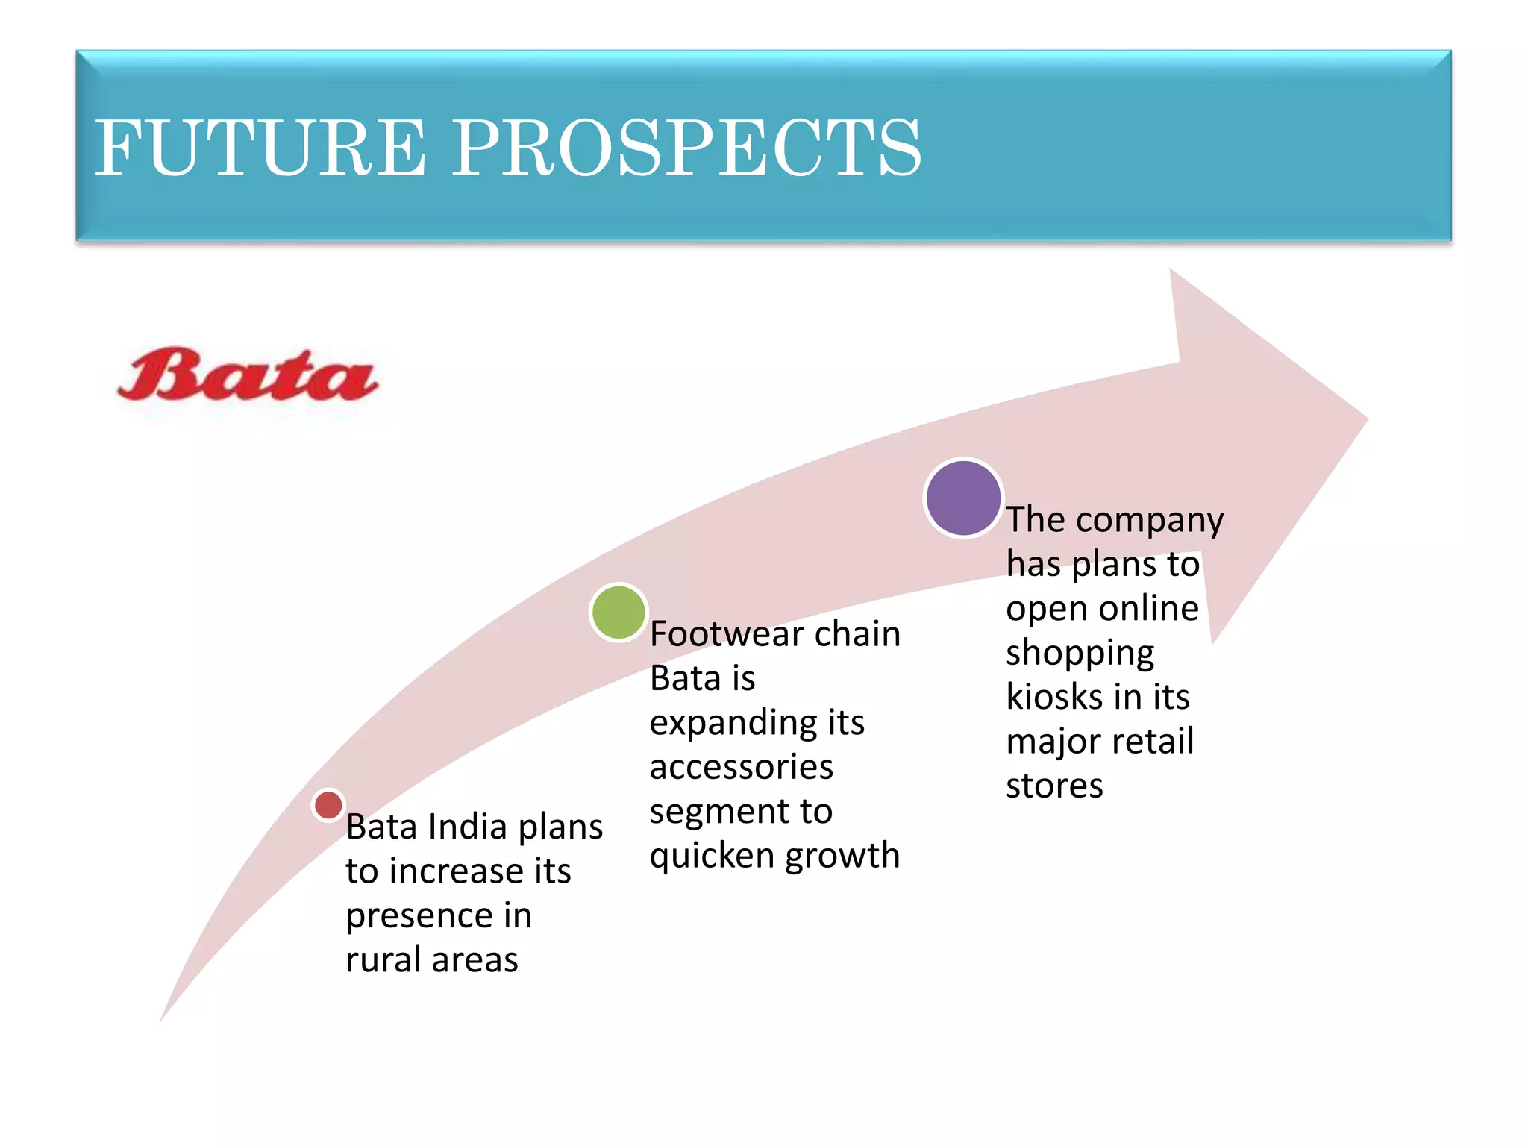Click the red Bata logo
point(248,375)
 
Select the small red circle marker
point(328,805)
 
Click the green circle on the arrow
point(619,613)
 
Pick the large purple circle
point(963,498)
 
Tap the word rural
point(383,959)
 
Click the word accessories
point(741,767)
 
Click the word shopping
point(1080,654)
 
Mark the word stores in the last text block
point(1054,786)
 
